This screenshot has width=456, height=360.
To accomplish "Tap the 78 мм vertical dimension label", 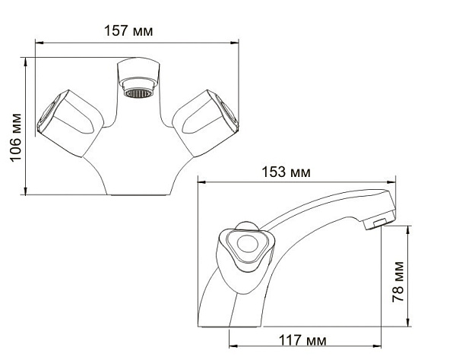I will click(x=399, y=281).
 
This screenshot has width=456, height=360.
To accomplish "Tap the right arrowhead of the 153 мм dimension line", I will click(x=395, y=182).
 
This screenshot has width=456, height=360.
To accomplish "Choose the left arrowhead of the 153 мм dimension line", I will click(x=201, y=182).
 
